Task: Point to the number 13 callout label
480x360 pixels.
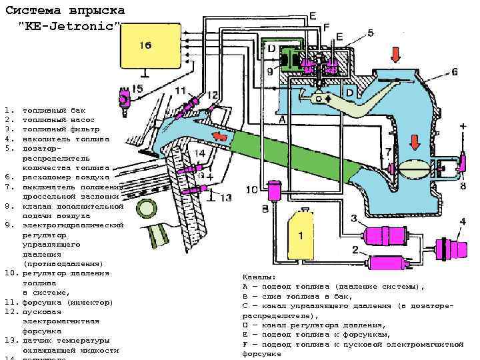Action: click(226, 197)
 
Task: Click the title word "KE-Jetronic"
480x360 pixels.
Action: click(70, 25)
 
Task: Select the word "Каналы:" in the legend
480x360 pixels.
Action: click(259, 277)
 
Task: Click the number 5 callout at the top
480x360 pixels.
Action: click(370, 31)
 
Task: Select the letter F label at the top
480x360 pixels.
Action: click(326, 26)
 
